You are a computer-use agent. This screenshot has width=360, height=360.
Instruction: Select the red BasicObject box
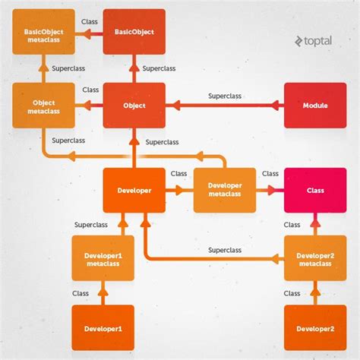click(134, 32)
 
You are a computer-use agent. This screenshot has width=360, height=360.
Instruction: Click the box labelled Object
click(134, 106)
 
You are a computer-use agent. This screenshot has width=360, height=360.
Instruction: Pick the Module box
click(315, 106)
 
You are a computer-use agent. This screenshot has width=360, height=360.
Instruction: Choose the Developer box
click(134, 190)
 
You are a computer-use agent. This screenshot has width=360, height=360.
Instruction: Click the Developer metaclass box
click(225, 190)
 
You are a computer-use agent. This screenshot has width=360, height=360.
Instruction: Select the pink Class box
click(315, 190)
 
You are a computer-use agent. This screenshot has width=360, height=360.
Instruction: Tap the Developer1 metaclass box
click(103, 258)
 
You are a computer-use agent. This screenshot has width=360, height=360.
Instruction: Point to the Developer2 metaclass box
click(315, 258)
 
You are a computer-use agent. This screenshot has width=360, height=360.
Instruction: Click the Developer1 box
click(103, 328)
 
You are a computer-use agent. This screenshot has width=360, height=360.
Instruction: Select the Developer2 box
click(315, 328)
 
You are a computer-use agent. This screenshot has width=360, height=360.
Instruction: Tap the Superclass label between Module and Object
click(225, 96)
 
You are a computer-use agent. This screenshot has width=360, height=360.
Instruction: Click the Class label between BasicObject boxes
click(90, 23)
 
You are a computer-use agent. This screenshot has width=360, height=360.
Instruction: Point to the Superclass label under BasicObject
click(158, 68)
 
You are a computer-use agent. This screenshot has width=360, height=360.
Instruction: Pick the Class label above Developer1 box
click(81, 293)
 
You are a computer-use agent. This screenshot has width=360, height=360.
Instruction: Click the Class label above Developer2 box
click(292, 293)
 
